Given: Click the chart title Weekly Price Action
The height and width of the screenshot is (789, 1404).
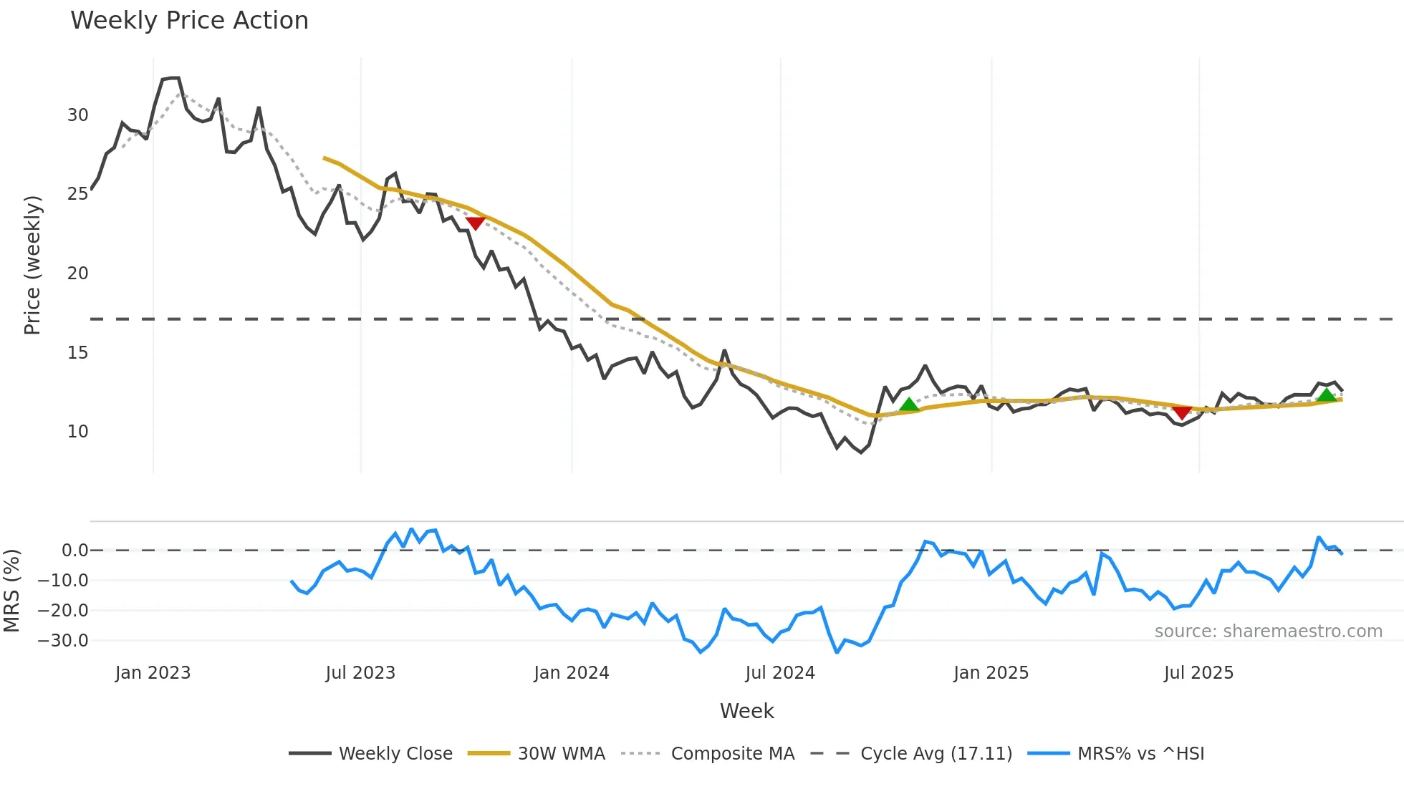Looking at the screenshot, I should pos(189,21).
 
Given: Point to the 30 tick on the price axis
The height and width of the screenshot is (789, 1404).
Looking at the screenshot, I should pos(77,115).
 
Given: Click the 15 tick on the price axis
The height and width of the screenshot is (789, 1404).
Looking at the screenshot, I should pos(77,353).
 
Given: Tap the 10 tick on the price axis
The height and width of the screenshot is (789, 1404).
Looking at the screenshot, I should pos(77,432).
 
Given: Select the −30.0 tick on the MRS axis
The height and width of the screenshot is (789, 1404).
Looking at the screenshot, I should pos(63,641).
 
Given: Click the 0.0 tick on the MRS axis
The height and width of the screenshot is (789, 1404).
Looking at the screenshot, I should pos(74,551).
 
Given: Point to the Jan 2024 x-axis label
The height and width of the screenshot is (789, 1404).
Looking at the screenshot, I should pos(571,673).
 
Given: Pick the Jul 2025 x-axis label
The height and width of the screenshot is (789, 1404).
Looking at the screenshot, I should pos(1198,673).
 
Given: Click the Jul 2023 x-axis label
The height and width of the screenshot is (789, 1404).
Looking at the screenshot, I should pos(360,673).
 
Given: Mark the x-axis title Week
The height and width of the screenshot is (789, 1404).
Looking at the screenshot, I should pos(746,711).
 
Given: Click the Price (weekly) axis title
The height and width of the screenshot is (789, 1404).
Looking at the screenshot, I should pos(32,265).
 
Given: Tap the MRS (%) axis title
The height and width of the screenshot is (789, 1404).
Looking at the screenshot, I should pos(11,591).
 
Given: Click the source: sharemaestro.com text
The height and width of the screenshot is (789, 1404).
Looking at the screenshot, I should pos(1268,631).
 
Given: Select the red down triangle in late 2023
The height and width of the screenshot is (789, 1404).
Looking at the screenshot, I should pos(476,223).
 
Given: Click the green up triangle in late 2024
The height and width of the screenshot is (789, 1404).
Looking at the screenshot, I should pos(908,405).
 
